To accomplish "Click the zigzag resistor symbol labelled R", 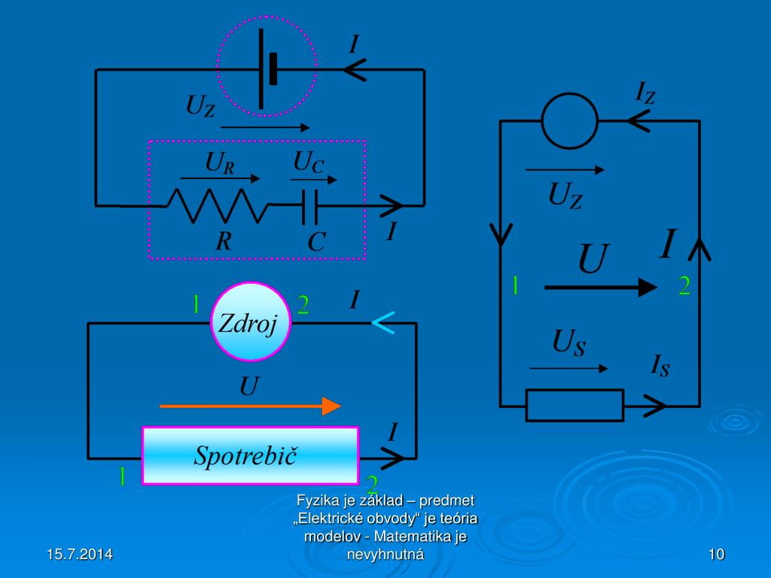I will pyautogui.click(x=218, y=205).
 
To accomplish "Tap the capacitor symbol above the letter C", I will pyautogui.click(x=309, y=206).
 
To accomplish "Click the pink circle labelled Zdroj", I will pyautogui.click(x=250, y=322).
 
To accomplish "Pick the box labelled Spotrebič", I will pyautogui.click(x=250, y=455).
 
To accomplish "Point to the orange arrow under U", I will pyautogui.click(x=250, y=406).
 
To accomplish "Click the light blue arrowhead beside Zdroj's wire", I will pyautogui.click(x=382, y=323).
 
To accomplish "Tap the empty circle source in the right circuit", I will pyautogui.click(x=570, y=120).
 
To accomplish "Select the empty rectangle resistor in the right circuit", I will pyautogui.click(x=574, y=406).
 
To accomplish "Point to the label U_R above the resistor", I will pyautogui.click(x=219, y=163).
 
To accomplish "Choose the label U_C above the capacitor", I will pyautogui.click(x=309, y=162).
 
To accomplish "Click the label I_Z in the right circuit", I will pyautogui.click(x=645, y=93).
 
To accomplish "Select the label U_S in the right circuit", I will pyautogui.click(x=569, y=344).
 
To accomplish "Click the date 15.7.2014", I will pyautogui.click(x=79, y=555).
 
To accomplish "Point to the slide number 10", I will pyautogui.click(x=716, y=555).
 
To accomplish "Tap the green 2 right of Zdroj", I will pyautogui.click(x=303, y=304).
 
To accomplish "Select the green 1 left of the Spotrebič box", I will pyautogui.click(x=120, y=476).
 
